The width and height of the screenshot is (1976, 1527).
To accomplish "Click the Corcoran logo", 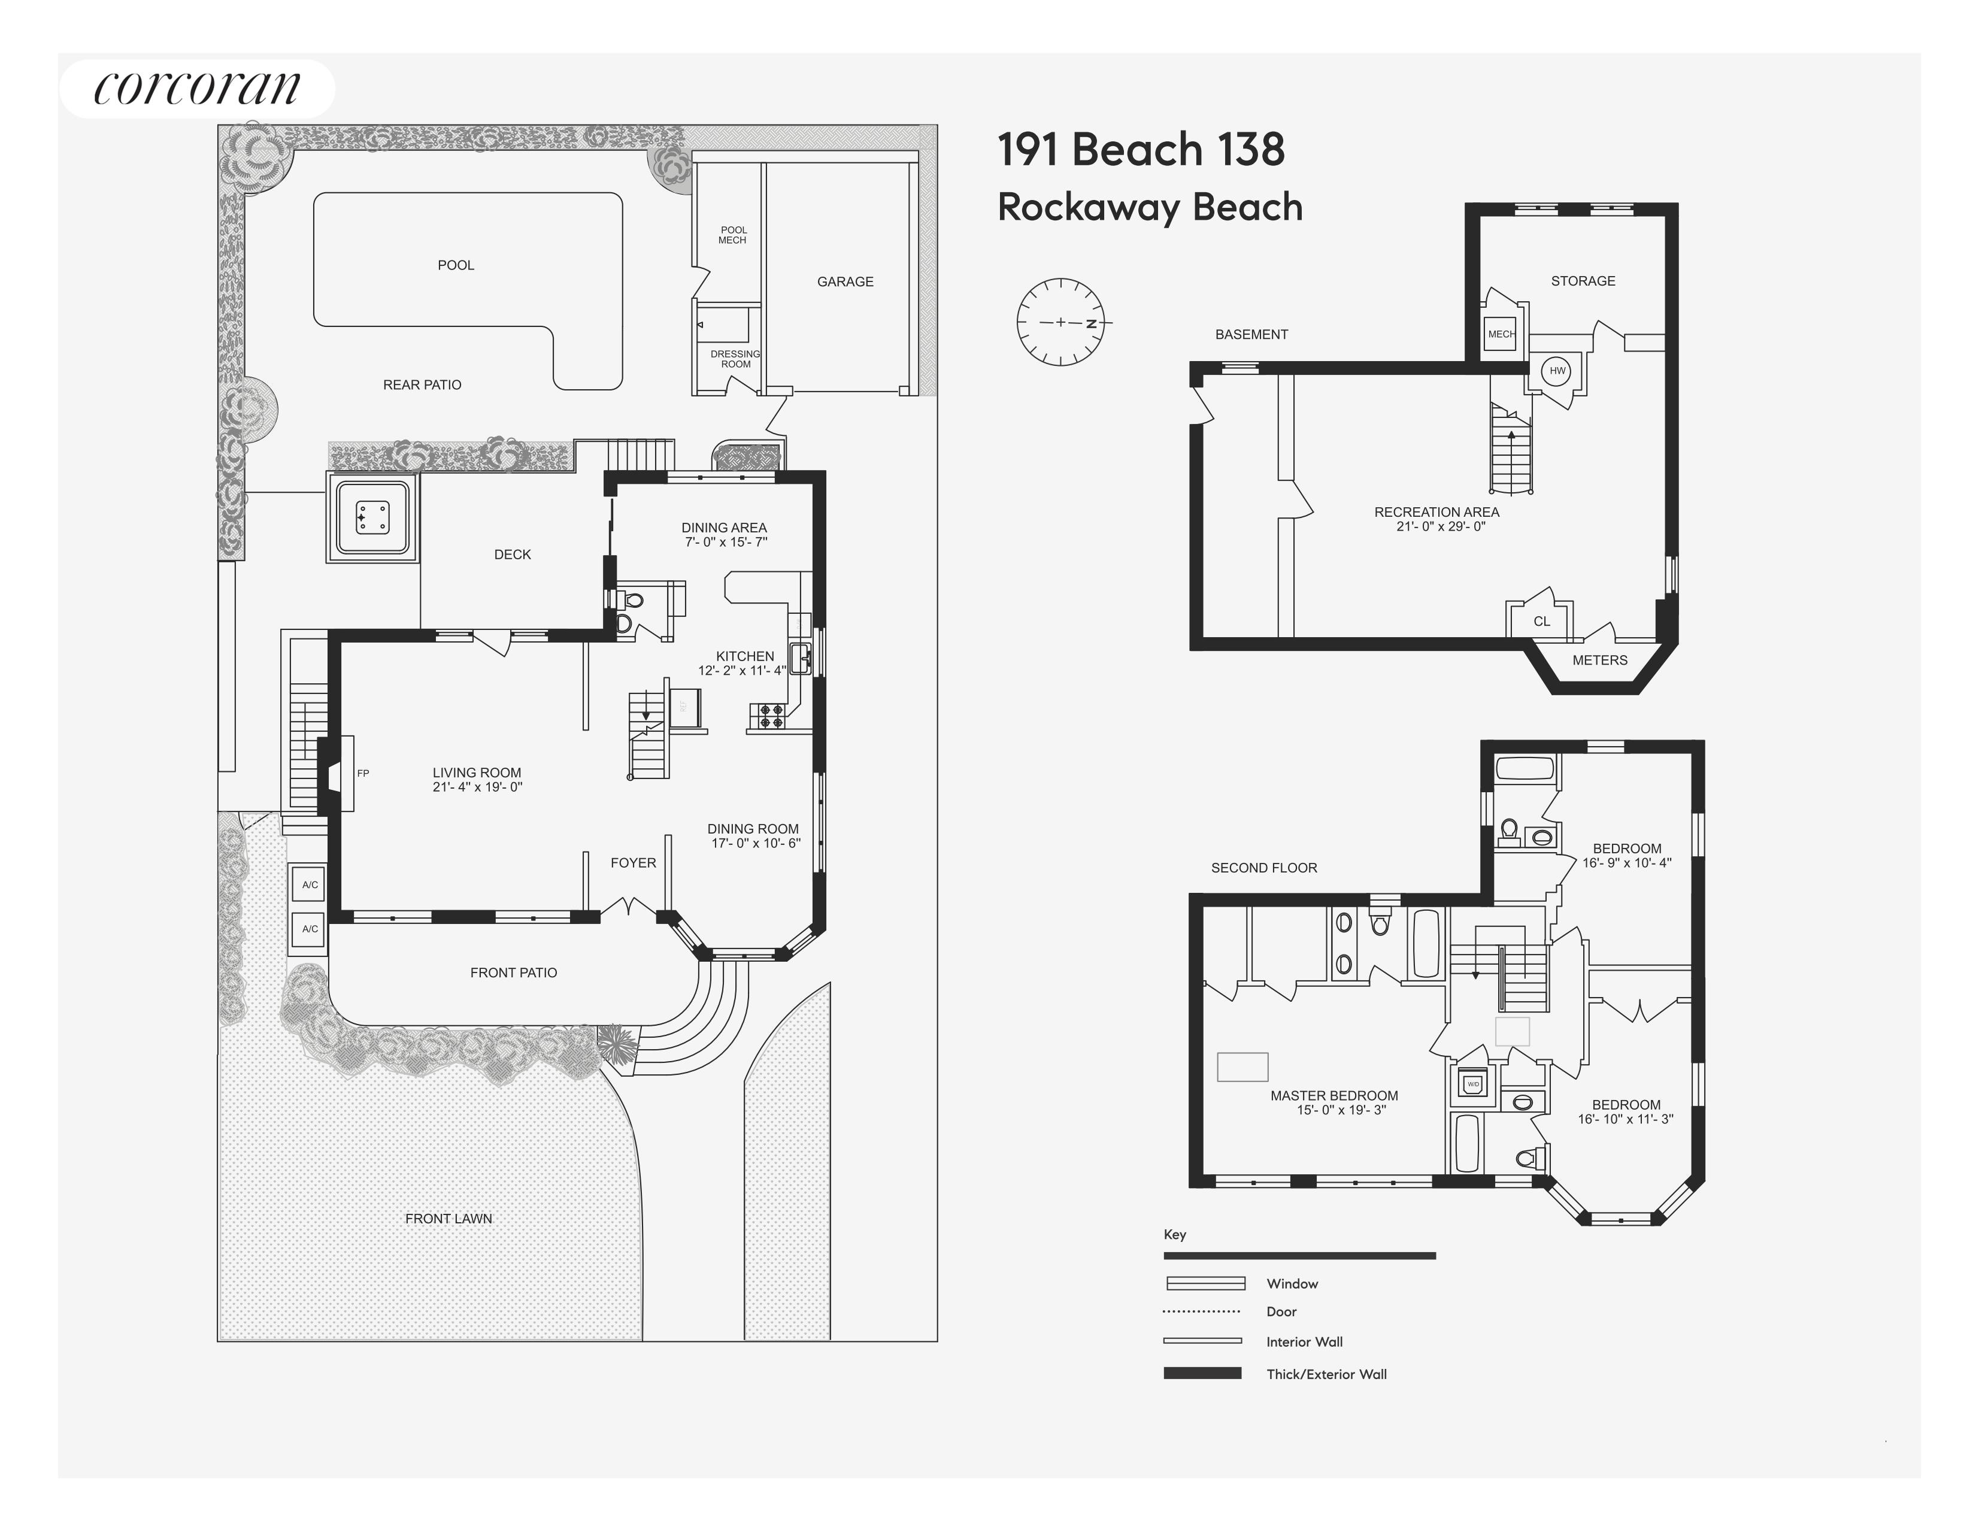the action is pyautogui.click(x=196, y=88).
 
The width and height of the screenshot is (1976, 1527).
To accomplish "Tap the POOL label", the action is pyautogui.click(x=456, y=265).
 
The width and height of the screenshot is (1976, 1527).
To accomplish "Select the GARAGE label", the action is pyautogui.click(x=845, y=281).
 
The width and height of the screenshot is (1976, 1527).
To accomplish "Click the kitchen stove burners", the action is pyautogui.click(x=771, y=716).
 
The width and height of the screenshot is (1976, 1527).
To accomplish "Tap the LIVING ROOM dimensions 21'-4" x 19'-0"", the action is pyautogui.click(x=477, y=787).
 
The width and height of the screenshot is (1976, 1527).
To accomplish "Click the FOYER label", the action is pyautogui.click(x=634, y=863).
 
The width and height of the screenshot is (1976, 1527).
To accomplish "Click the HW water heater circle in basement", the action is pyautogui.click(x=1557, y=371).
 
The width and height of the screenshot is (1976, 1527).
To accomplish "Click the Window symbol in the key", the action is pyautogui.click(x=1205, y=1283).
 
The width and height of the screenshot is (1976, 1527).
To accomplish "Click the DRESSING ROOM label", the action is pyautogui.click(x=735, y=359).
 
